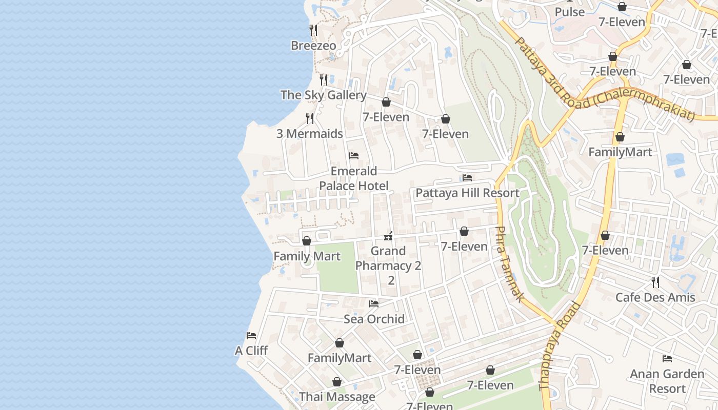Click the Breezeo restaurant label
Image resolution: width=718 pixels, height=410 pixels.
[x=313, y=46]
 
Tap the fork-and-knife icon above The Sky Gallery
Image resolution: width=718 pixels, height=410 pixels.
[x=324, y=79]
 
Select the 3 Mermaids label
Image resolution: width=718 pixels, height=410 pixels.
[x=309, y=134]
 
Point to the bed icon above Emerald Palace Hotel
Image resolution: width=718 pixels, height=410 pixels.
[x=353, y=156]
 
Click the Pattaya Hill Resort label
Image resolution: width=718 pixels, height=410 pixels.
[x=467, y=193]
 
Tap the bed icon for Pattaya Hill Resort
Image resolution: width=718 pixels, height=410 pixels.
[x=467, y=178]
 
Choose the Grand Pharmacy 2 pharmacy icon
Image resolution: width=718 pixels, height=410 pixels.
[x=389, y=236]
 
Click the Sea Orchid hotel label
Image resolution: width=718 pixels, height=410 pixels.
[x=374, y=319]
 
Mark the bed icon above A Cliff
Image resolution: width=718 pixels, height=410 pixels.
[x=251, y=336]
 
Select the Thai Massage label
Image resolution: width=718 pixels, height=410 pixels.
[x=337, y=397]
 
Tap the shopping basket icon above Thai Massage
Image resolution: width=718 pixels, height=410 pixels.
[x=337, y=382]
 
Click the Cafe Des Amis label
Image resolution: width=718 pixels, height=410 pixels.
[x=655, y=298]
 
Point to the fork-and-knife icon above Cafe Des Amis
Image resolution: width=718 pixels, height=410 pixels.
[x=655, y=282]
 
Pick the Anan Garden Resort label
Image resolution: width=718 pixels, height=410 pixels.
[x=667, y=381]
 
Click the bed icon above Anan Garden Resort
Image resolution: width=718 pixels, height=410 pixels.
[x=667, y=359]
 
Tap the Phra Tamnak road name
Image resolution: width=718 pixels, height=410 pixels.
[x=510, y=264]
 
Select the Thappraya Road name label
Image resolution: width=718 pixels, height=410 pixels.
[x=560, y=347]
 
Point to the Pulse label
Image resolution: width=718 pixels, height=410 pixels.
[x=569, y=12]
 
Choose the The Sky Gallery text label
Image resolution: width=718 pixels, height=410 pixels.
[x=323, y=95]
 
